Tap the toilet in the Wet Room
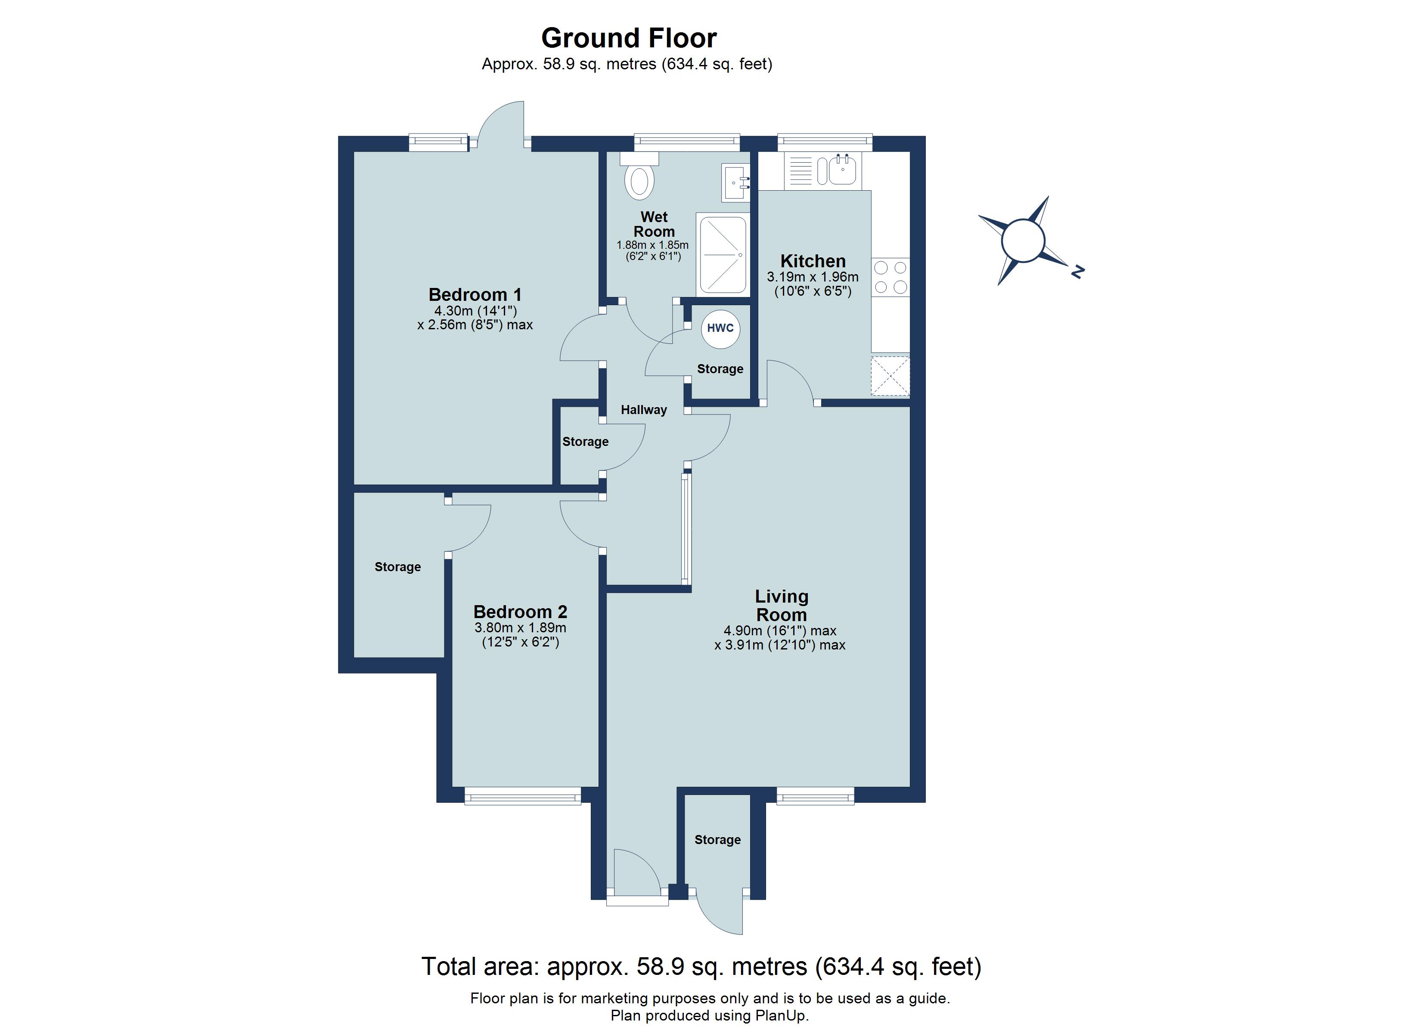coord(639,180)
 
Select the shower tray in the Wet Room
coord(723,255)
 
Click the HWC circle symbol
coord(720,328)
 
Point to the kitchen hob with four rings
coord(891,277)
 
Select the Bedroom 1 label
coord(475,294)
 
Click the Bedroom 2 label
coord(520,611)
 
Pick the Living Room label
coord(781,605)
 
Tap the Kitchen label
coord(813,261)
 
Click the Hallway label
coord(643,410)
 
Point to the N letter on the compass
coord(1077,272)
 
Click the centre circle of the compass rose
coord(1023,240)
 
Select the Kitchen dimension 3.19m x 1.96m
coord(813,277)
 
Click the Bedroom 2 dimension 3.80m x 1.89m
coord(520,628)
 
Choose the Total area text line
coord(701,967)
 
